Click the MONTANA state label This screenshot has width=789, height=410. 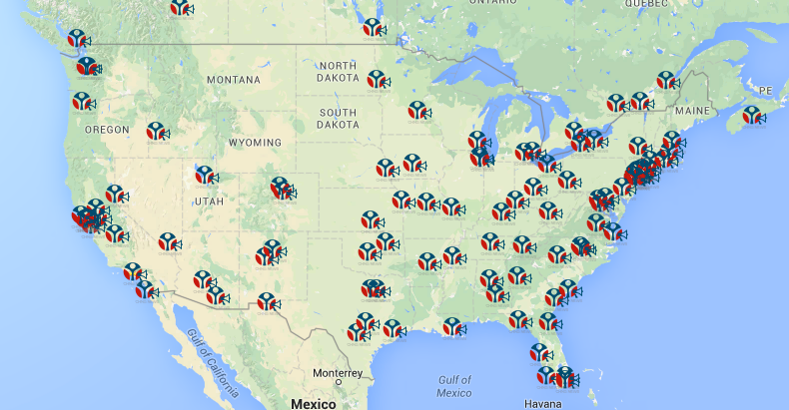coord(233,79)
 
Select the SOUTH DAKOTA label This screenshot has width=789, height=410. coord(338,119)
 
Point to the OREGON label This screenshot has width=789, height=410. coord(107,130)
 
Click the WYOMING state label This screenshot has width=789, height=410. coord(256,143)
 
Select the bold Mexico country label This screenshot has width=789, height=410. coord(314,403)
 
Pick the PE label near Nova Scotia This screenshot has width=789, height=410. coord(766,91)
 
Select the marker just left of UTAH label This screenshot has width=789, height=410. coord(205,175)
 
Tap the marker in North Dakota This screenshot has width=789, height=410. coord(376,79)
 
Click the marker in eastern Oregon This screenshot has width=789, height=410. coord(156,131)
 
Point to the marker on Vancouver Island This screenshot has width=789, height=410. coord(77,38)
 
